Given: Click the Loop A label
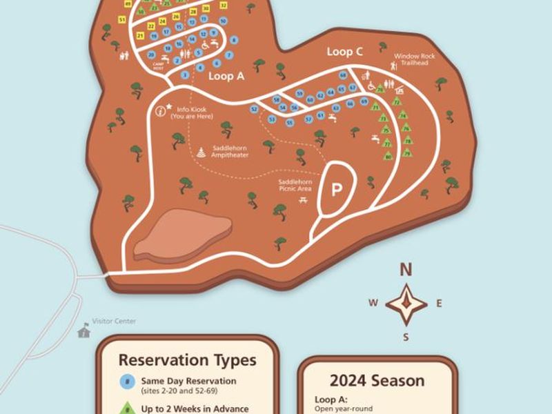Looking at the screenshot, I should [226, 77].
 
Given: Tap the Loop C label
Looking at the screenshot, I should [344, 52].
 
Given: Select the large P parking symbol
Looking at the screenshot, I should [337, 190].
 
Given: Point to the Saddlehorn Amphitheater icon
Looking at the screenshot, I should [201, 152].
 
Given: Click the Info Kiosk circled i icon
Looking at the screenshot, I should [161, 110].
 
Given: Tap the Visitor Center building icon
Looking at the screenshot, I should [84, 332].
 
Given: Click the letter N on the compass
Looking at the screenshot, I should [406, 270].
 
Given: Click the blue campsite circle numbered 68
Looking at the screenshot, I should [343, 75].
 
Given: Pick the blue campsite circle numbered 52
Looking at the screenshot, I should [255, 109].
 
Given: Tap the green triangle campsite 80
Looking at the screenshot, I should [388, 157].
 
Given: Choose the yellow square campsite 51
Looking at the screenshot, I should [122, 20].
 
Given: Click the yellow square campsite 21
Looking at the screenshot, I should [141, 35].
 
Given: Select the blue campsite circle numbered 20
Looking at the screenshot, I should [151, 54].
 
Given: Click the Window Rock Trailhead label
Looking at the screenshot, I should [411, 59].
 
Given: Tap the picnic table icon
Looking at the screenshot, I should [302, 200].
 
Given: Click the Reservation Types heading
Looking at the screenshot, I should [187, 360].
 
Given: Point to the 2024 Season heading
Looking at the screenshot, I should [377, 380].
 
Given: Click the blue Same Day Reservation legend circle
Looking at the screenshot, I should [126, 381].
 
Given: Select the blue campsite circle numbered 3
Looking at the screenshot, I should [185, 74].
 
